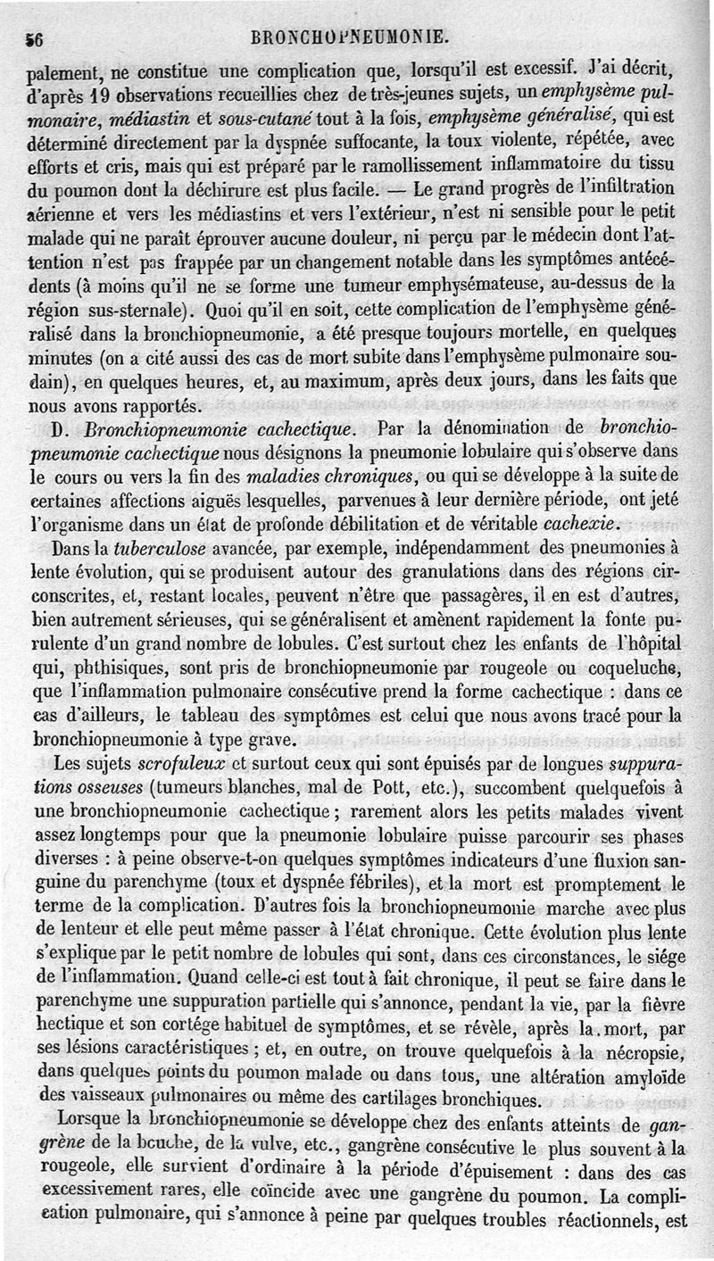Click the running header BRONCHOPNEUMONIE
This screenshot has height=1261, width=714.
tap(351, 38)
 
